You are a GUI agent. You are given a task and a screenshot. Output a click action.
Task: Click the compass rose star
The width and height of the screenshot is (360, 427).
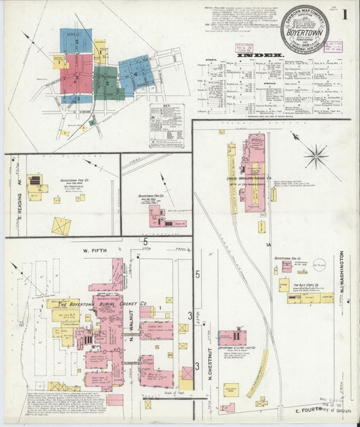click(315, 156)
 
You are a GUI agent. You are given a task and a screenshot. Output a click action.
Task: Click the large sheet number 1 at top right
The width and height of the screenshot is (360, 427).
click(344, 15)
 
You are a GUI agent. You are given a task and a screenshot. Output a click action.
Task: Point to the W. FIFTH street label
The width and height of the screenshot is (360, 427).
click(95, 252)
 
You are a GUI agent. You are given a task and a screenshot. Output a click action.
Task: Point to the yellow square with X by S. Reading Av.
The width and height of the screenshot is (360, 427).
click(61, 226)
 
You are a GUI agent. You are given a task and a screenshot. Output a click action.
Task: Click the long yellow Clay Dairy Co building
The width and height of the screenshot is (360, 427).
click(309, 297)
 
